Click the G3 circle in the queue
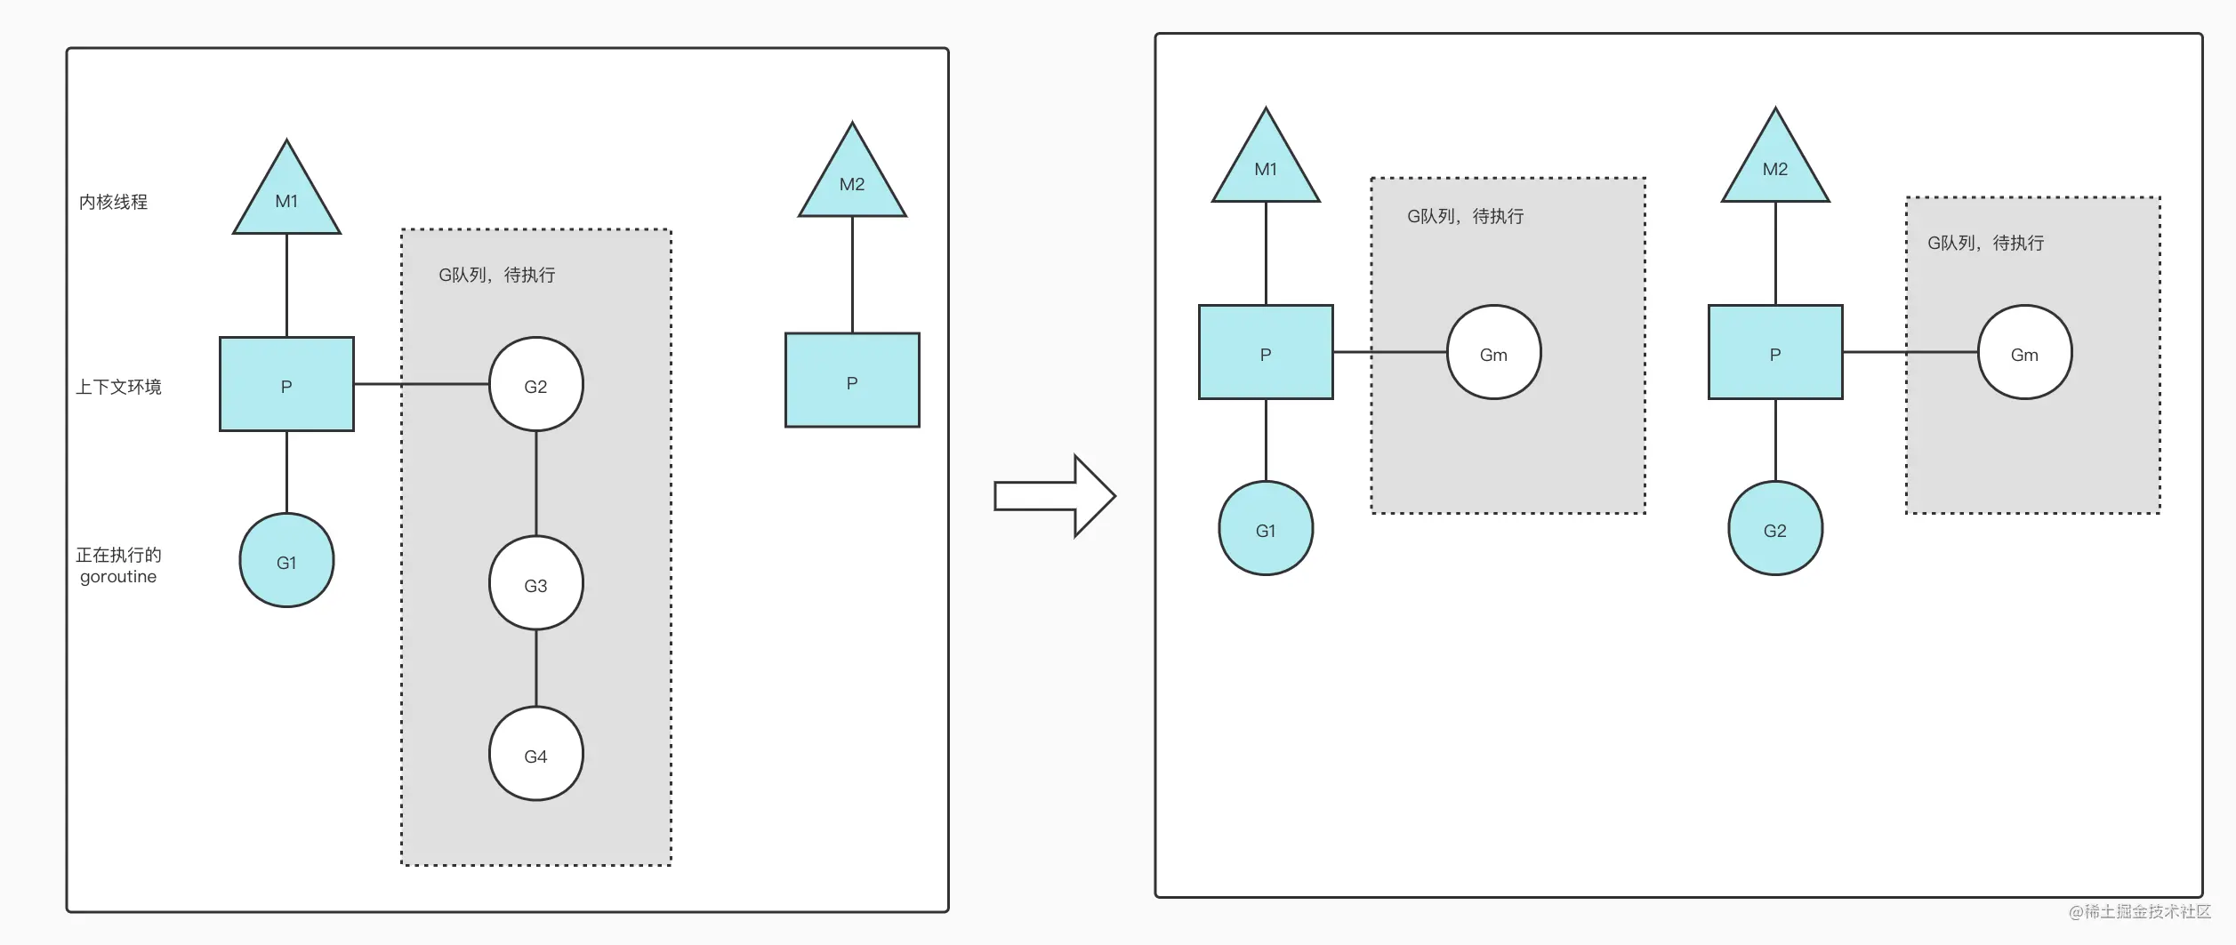[x=535, y=583]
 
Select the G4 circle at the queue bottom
[x=535, y=754]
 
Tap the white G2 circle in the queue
[x=535, y=384]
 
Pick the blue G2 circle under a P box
[x=1774, y=528]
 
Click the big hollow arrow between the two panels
[x=1055, y=496]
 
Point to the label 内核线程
[x=113, y=202]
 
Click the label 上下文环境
[x=118, y=387]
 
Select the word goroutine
[x=118, y=577]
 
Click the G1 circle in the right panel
[x=1266, y=528]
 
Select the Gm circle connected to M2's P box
[x=2024, y=352]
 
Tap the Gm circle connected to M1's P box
[x=1493, y=352]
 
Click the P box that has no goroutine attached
[x=852, y=380]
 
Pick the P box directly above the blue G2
[x=1775, y=352]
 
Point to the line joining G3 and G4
[x=535, y=668]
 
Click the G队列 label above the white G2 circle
[x=496, y=275]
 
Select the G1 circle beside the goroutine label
[x=286, y=560]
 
